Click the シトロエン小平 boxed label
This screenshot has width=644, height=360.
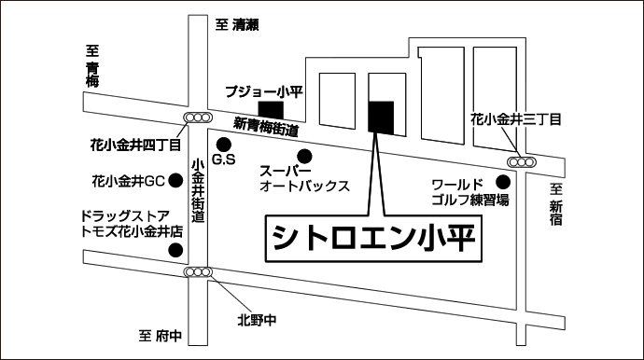[x=373, y=238]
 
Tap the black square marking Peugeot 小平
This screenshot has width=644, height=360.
[x=271, y=110]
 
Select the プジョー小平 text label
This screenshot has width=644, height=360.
[x=264, y=91]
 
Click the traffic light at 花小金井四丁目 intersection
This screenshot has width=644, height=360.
[x=198, y=118]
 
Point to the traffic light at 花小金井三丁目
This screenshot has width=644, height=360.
[x=522, y=162]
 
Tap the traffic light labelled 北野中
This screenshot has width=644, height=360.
[x=198, y=271]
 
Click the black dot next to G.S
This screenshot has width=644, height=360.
[x=224, y=144]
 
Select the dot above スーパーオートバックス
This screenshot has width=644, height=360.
[x=305, y=156]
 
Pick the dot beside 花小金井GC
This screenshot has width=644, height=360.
[x=176, y=180]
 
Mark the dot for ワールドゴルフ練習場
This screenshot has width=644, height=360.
[x=503, y=182]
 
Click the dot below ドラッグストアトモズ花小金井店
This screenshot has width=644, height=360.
[x=176, y=250]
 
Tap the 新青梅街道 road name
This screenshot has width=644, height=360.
[x=266, y=127]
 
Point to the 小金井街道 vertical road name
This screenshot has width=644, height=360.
[x=198, y=190]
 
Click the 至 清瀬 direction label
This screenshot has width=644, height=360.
[x=237, y=25]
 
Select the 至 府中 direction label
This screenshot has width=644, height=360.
[x=161, y=336]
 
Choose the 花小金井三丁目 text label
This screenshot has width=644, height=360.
[x=516, y=119]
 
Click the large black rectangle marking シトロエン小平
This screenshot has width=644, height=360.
[x=381, y=118]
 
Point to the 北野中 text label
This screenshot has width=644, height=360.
[x=257, y=320]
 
